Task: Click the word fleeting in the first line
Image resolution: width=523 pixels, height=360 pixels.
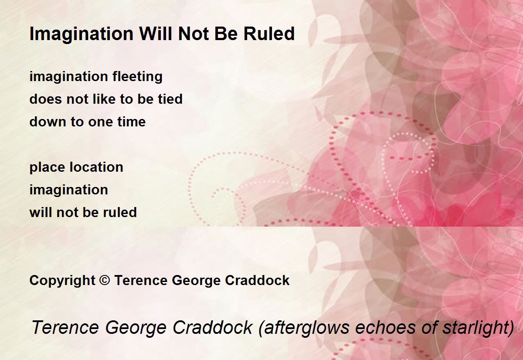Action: (137, 77)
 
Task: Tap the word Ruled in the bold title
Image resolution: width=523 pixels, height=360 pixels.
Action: (269, 34)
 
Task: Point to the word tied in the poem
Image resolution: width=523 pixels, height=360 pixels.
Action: (170, 99)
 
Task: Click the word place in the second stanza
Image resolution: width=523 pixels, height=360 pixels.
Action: (48, 168)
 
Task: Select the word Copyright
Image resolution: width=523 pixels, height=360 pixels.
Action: (62, 281)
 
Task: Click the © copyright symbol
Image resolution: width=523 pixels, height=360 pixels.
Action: (104, 280)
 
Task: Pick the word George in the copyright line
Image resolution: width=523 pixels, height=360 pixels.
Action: (196, 281)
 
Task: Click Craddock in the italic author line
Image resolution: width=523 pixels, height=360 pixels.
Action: (212, 327)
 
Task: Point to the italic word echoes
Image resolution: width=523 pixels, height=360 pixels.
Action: (385, 327)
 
